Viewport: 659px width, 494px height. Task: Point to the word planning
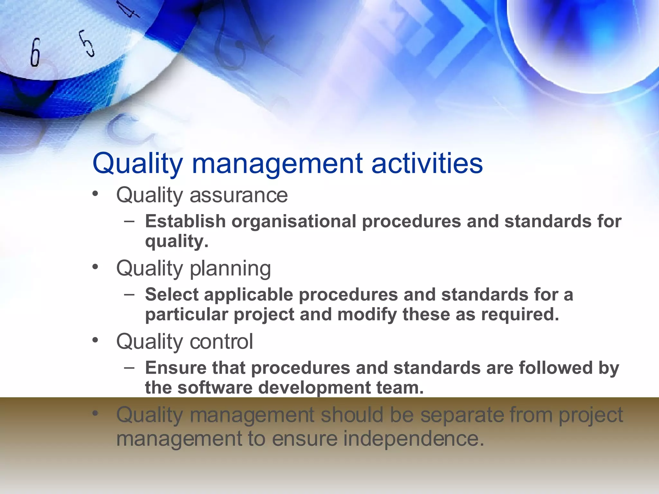pyautogui.click(x=230, y=268)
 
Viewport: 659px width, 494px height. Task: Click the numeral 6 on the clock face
pyautogui.click(x=35, y=52)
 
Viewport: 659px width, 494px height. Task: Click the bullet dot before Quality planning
pyautogui.click(x=95, y=267)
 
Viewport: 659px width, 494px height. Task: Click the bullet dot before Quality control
pyautogui.click(x=95, y=340)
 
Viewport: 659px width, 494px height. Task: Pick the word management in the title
pyautogui.click(x=277, y=163)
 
